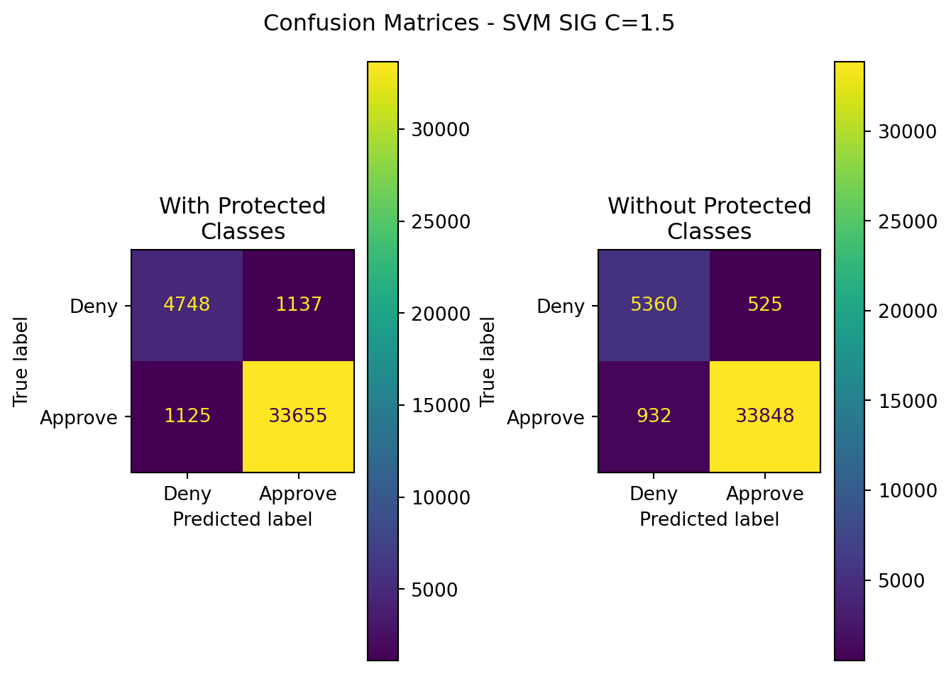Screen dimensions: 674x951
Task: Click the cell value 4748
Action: click(187, 304)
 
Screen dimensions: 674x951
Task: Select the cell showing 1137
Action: click(298, 304)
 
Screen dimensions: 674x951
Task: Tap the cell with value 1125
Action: click(187, 416)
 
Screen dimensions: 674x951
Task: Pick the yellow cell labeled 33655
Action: click(298, 416)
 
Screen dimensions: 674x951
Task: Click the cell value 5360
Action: click(654, 304)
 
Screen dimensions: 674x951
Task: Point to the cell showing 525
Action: click(765, 304)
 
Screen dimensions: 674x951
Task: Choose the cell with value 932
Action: click(654, 416)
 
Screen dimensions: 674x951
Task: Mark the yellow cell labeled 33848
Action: click(765, 416)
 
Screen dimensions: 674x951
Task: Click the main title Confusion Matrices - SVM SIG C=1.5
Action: click(469, 23)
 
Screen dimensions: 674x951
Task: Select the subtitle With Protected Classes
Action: click(243, 219)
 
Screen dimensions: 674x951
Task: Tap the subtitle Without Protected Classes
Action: click(709, 219)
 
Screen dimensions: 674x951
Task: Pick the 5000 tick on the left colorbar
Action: click(434, 590)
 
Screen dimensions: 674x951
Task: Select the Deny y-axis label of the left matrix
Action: click(94, 306)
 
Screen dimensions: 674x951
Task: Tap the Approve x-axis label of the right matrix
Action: click(765, 494)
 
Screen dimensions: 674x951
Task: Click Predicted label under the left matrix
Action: click(243, 519)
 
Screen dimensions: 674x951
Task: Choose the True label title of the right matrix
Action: click(488, 362)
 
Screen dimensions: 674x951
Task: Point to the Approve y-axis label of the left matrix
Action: click(79, 418)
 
